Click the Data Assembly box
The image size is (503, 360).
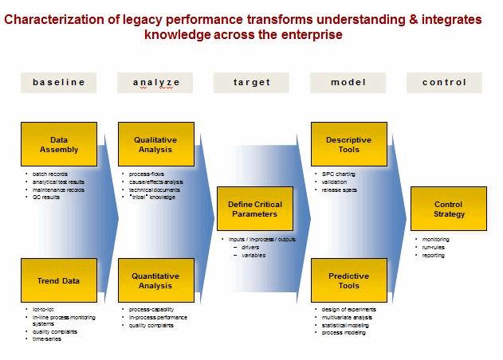coord(59,144)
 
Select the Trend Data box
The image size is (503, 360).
coord(59,280)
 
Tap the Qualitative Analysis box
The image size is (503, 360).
coord(155,144)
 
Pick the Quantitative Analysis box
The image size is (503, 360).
coord(155,280)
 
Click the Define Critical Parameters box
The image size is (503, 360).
coord(254,209)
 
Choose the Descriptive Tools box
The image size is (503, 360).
coord(348,144)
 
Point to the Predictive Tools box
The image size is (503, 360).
coord(348,280)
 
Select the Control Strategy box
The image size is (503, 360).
coord(448,209)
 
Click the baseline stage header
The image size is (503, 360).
coord(59,82)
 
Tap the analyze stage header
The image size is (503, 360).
coord(155,82)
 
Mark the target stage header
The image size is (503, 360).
coord(252,82)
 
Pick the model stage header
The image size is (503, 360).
coord(348,82)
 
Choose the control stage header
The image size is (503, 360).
coord(445,82)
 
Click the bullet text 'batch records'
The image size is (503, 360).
coord(49,174)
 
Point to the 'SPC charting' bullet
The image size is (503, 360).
coord(338,174)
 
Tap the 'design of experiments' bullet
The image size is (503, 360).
coord(348,309)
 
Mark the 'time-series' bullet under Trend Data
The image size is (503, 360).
coord(46,339)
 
